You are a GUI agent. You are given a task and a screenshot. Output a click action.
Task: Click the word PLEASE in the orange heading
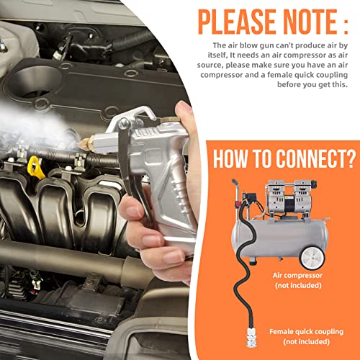coord(237,22)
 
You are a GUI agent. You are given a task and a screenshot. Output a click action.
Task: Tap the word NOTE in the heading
coord(310,22)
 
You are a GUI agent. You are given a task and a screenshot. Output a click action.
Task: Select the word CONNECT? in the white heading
coord(315,158)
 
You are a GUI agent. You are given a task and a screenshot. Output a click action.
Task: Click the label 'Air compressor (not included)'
coord(297,280)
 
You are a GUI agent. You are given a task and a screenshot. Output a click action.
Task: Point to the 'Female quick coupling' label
coord(307,332)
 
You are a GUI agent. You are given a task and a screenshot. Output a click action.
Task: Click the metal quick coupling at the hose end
coord(251,338)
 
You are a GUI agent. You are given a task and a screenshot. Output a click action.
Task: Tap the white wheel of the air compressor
coord(312,258)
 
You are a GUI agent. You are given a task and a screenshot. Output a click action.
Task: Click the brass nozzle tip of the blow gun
coord(85,144)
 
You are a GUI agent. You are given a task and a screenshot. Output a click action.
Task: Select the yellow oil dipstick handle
coord(35,168)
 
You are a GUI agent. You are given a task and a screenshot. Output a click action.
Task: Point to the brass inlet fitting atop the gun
coord(169,120)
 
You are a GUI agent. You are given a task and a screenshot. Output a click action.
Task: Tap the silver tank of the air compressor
coord(279,237)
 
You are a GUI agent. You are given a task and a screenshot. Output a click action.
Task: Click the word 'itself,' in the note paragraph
coord(217,55)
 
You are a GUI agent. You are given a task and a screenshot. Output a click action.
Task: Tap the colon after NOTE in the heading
coord(345,27)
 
